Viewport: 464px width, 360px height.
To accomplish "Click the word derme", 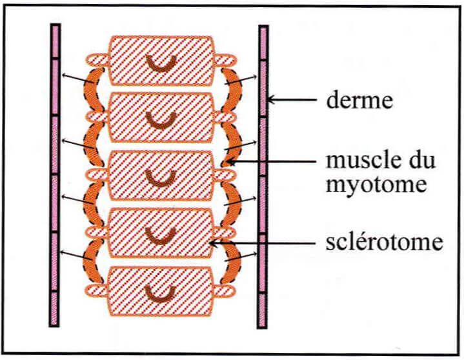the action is tap(359, 100).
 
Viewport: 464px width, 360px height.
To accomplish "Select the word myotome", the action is tap(376, 184).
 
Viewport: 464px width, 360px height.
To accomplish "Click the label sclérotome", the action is tap(385, 243).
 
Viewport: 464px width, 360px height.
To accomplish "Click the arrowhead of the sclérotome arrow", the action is tap(213, 243).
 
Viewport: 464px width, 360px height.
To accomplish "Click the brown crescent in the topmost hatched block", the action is tap(162, 64).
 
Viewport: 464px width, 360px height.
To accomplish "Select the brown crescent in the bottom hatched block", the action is tap(161, 294).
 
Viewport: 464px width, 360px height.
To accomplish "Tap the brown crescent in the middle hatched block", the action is tap(161, 179).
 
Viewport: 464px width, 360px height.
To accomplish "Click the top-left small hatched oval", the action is tap(97, 60).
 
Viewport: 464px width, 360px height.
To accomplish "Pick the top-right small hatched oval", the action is tap(225, 60).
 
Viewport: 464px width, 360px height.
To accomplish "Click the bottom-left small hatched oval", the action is tap(96, 290).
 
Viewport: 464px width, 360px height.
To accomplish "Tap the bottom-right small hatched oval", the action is tap(224, 291).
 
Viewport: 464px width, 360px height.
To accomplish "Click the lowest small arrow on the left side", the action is tap(76, 255).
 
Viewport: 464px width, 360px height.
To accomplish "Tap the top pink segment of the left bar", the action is tap(55, 41).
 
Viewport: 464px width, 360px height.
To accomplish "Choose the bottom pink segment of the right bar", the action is tap(262, 310).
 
